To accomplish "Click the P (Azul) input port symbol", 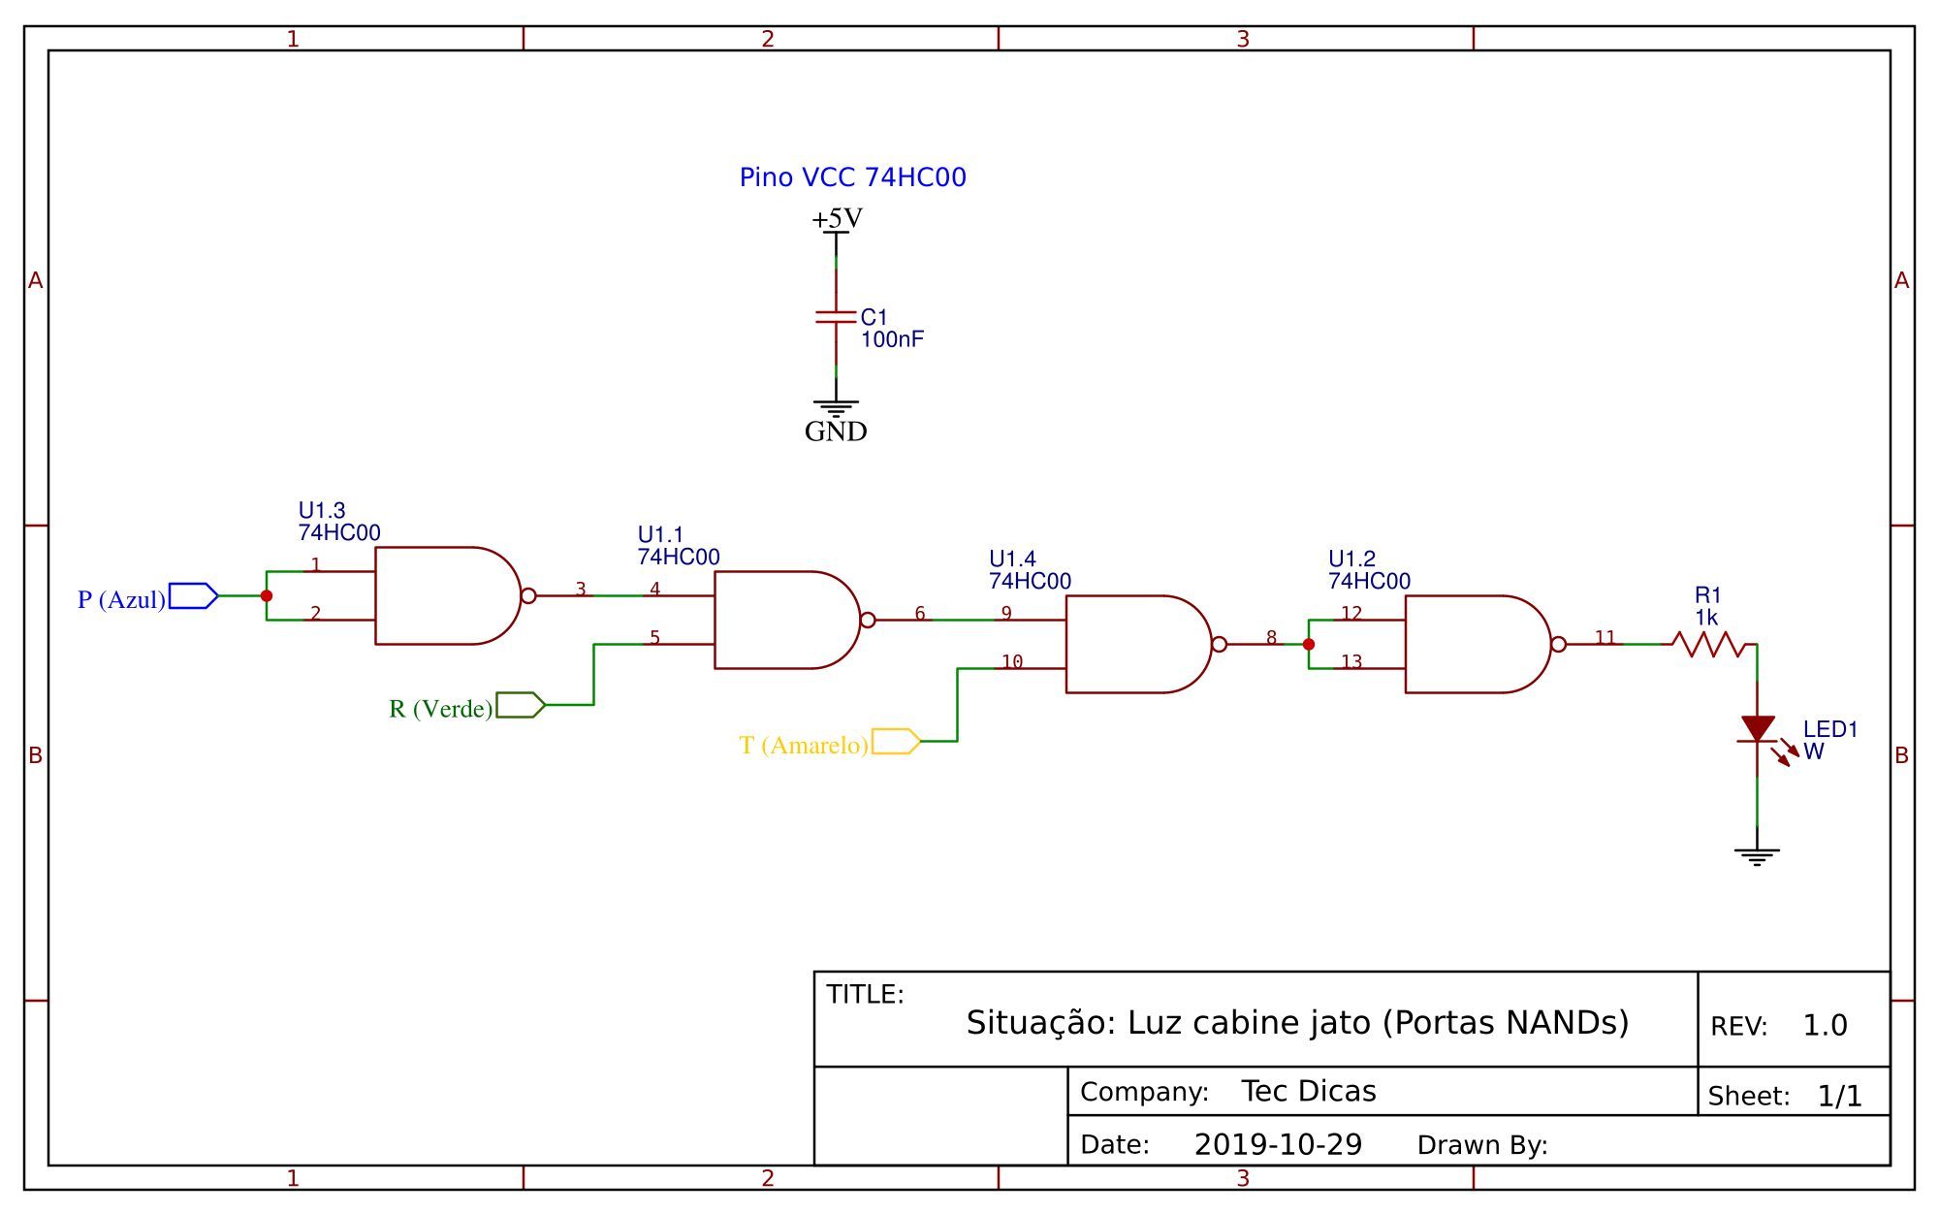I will [193, 595].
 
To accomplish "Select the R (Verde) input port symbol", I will [520, 705].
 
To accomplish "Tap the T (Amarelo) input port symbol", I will [895, 742].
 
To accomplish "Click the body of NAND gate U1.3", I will [441, 595].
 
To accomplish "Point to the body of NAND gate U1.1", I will [780, 620].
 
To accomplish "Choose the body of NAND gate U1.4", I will [1132, 644].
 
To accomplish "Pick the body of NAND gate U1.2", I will [1472, 644].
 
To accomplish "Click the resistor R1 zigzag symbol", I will [1713, 644].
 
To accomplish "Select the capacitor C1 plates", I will [836, 317].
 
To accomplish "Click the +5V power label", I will [837, 219].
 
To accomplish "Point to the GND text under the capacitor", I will [836, 431].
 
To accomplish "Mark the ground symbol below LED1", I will [1757, 855].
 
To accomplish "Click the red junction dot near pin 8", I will [1309, 644].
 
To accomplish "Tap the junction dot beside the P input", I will [267, 595].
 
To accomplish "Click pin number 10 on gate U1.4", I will [1012, 662].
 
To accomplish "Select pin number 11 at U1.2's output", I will [1605, 638].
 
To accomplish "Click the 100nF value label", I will [892, 339].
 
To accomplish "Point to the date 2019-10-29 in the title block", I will [1278, 1145].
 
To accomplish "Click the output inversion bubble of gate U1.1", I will [868, 620].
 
